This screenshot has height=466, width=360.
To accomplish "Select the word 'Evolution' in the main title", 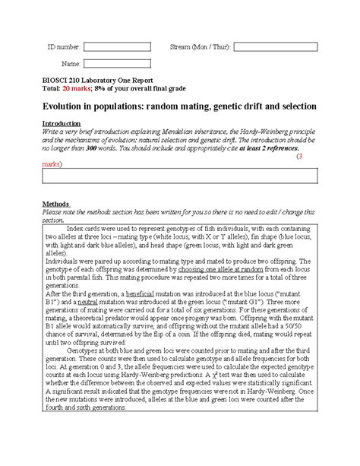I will (65, 106).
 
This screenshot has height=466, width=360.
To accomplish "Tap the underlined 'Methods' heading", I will (55, 204).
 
